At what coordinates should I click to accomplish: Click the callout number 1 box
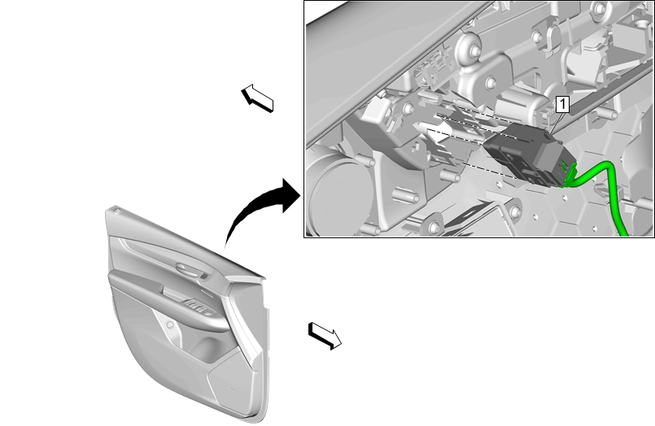[x=562, y=104]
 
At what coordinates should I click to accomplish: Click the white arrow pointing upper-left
[x=257, y=98]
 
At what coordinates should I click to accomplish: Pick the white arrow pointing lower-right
[x=325, y=336]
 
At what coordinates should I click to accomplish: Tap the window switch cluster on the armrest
[x=199, y=307]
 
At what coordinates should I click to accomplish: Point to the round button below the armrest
[x=169, y=324]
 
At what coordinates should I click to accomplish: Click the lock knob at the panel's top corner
[x=117, y=208]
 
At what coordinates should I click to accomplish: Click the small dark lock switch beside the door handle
[x=204, y=276]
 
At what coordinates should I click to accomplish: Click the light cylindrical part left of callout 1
[x=520, y=104]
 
